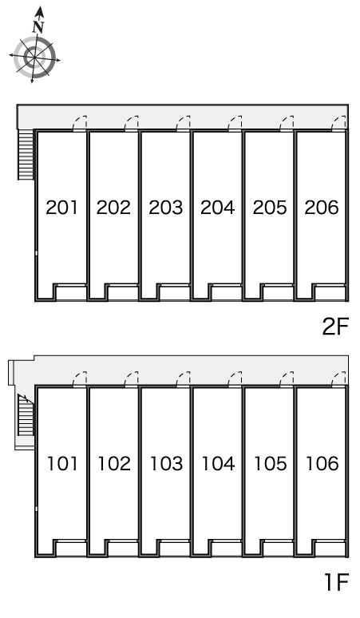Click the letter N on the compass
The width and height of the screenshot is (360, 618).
(38, 26)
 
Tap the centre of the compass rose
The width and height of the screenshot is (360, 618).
(34, 58)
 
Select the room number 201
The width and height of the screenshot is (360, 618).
(61, 208)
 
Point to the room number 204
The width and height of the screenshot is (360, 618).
(217, 208)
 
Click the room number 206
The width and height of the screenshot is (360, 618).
(322, 208)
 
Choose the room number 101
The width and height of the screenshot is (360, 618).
(62, 463)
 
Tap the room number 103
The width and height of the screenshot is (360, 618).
(166, 463)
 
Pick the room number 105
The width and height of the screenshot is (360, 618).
(270, 463)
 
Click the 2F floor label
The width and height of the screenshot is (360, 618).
(335, 327)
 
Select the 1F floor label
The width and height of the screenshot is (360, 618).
(337, 582)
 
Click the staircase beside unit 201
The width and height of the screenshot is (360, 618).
(26, 155)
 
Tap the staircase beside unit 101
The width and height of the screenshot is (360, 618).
(26, 415)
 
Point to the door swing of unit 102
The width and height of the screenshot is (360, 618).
(132, 378)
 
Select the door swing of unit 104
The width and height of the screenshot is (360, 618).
(235, 378)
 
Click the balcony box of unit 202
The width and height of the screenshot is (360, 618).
(122, 292)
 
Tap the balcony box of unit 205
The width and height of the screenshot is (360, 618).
(278, 292)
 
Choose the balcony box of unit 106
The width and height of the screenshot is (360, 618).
(330, 549)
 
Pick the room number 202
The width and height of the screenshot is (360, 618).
(113, 208)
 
